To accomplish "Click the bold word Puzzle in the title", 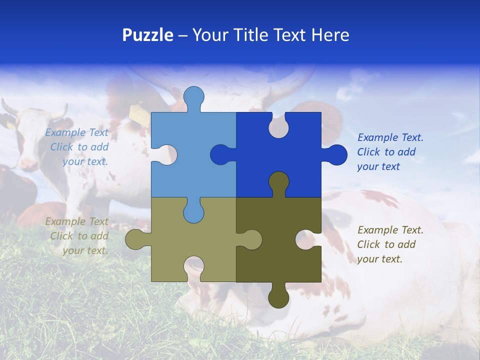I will coord(147,35).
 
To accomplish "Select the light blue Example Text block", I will coord(78,147).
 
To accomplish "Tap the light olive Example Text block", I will coord(78,236).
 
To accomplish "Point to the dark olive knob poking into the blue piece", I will coord(278,182).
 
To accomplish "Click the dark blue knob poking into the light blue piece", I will coord(221,154).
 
